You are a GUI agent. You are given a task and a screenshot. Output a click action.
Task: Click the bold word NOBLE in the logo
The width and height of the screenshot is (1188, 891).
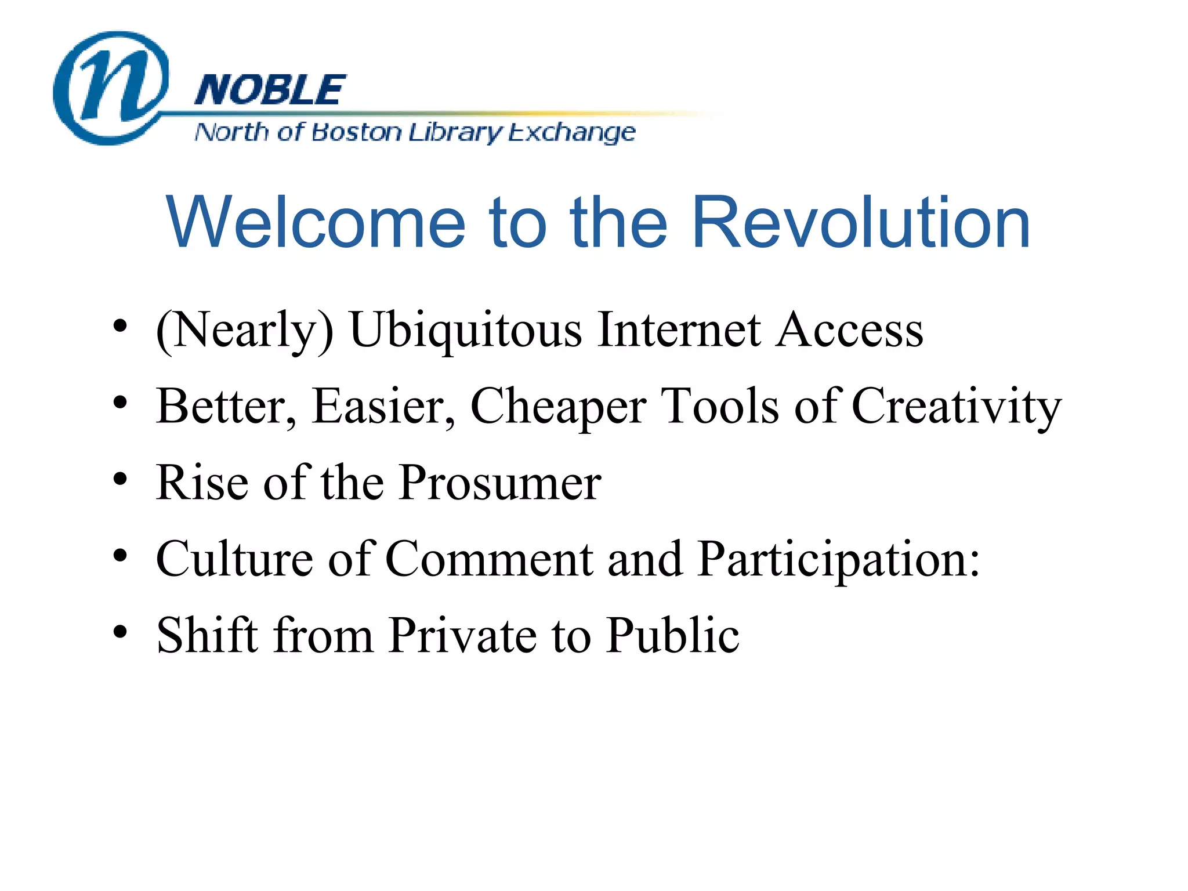[270, 90]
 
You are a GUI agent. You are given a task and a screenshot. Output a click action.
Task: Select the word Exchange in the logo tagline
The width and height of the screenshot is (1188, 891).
[572, 133]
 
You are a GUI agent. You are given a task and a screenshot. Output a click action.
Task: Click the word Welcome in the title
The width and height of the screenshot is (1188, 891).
[316, 223]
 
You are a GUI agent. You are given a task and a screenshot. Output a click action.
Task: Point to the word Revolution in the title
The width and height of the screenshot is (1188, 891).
[861, 223]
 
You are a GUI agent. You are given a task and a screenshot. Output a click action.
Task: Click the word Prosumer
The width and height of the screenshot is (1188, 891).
[501, 483]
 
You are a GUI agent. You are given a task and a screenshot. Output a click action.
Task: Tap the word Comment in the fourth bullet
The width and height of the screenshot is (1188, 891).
[489, 559]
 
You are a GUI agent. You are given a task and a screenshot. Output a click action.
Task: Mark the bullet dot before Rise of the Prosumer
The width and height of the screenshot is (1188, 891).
[120, 479]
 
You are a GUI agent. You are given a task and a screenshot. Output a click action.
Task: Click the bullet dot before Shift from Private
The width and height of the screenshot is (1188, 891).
[120, 632]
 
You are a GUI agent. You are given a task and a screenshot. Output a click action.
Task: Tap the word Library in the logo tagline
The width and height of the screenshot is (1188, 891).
[455, 133]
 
